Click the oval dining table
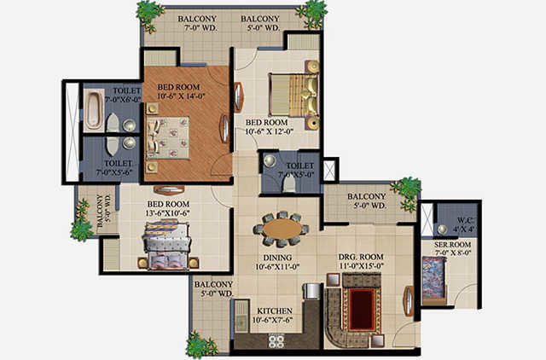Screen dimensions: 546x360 282,229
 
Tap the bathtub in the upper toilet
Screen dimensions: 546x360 93,110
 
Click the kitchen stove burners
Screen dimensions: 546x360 276,340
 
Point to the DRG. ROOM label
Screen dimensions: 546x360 361,258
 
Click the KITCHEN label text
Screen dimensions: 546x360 275,311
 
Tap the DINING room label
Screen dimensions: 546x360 277,258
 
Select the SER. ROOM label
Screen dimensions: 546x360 452,245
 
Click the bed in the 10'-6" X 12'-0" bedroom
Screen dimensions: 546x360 294,95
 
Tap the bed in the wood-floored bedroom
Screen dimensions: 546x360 169,138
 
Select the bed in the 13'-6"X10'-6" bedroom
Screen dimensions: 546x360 167,245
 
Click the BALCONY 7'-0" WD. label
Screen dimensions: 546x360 197,23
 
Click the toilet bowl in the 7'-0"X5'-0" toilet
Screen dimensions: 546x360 288,183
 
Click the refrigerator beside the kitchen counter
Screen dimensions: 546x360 312,291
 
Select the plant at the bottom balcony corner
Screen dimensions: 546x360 200,345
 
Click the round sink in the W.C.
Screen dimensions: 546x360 442,229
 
